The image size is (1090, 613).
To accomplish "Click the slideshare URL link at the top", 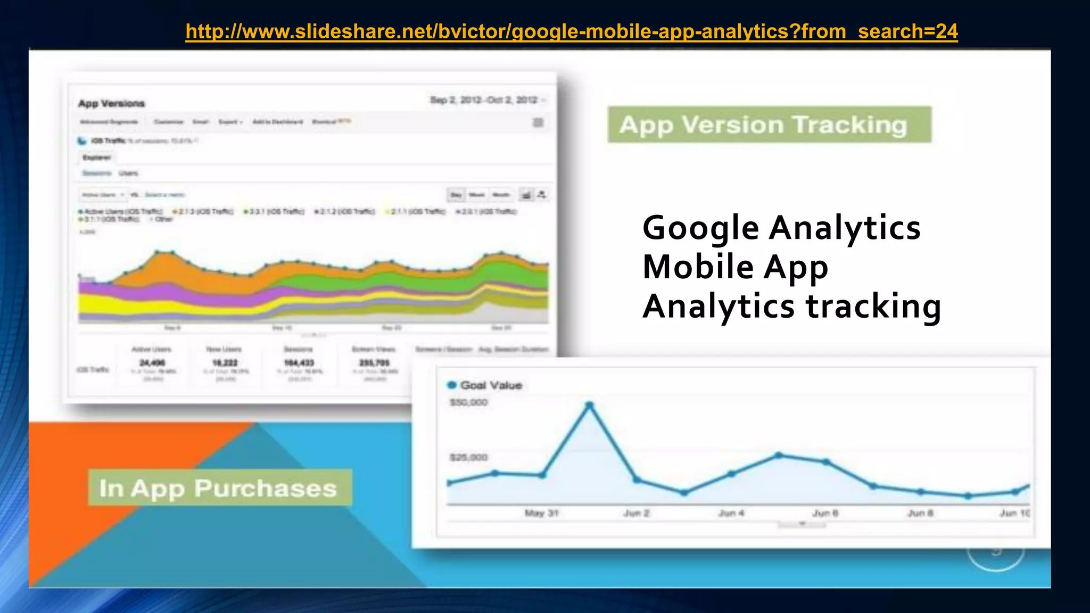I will tap(572, 32).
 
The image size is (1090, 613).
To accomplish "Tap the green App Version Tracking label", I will tap(769, 125).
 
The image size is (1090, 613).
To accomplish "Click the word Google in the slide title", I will tap(700, 228).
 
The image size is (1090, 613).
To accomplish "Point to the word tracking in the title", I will tap(873, 306).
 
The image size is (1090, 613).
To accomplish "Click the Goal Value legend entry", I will tap(490, 385).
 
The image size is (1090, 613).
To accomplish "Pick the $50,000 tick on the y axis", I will tap(468, 403).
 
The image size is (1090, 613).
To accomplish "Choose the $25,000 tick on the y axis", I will tap(468, 458).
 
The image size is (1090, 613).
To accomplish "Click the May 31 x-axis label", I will tap(541, 513).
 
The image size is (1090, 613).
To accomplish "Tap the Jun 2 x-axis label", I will tap(637, 513).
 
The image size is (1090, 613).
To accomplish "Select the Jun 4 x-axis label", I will tap(731, 513).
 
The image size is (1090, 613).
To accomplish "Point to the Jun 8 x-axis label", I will tap(920, 513).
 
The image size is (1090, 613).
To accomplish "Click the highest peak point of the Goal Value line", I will tap(589, 405).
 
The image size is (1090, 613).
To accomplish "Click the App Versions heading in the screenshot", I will tap(111, 103).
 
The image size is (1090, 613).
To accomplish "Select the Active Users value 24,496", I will tap(152, 363).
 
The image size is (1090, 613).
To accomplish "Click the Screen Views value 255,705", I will tap(374, 363).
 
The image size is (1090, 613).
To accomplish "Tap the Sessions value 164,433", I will tap(299, 363).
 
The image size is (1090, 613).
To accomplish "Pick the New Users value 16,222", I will tap(225, 363).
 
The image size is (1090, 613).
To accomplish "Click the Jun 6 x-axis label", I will tap(825, 513).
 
